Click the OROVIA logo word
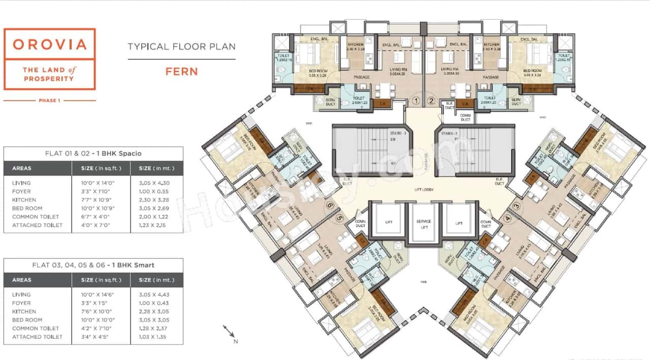[50, 44]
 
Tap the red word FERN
[181, 72]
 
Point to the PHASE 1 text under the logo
[49, 101]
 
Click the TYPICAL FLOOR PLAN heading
[181, 47]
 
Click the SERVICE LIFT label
[423, 224]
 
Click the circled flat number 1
[416, 101]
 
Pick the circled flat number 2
[431, 101]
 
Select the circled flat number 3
[516, 206]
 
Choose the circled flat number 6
[330, 206]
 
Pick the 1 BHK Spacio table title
[93, 153]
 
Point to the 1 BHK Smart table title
[93, 265]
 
